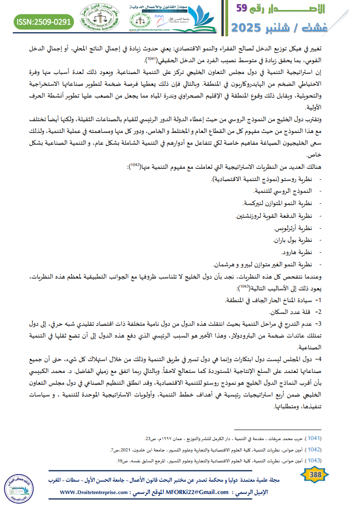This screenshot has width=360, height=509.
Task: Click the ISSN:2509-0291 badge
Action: [44, 21]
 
